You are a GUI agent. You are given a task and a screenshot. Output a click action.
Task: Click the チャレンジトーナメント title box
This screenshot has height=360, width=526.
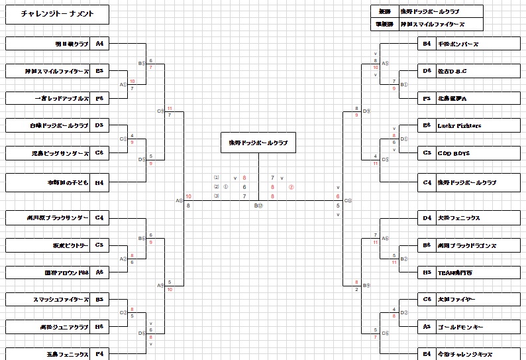pos(57,14)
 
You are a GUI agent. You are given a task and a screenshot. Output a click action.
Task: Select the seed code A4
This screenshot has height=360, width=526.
pos(100,44)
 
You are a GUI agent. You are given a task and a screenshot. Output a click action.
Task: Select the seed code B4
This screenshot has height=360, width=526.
pos(427,44)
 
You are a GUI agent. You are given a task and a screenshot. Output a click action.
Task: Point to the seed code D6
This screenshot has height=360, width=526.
pos(427,70)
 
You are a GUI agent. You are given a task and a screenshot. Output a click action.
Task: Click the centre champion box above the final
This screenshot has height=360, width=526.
pos(258,143)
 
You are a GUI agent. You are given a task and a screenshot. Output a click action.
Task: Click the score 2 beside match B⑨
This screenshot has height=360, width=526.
pos(357,289)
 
